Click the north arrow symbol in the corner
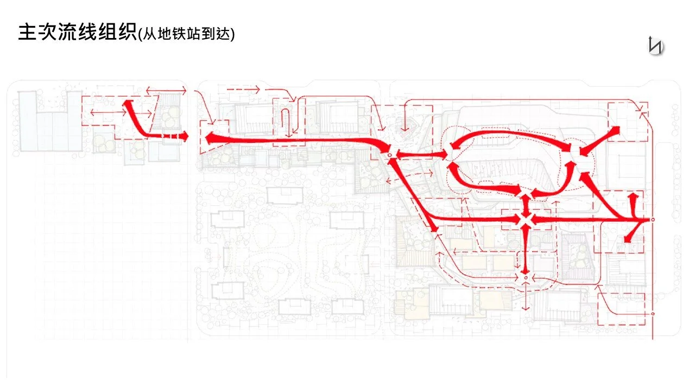point(655,45)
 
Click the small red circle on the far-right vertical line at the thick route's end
point(652,220)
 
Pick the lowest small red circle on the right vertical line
point(652,314)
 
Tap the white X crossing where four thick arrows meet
point(525,219)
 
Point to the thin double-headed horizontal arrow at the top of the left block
point(166,90)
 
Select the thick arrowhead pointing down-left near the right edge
point(629,238)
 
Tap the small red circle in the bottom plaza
point(525,278)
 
